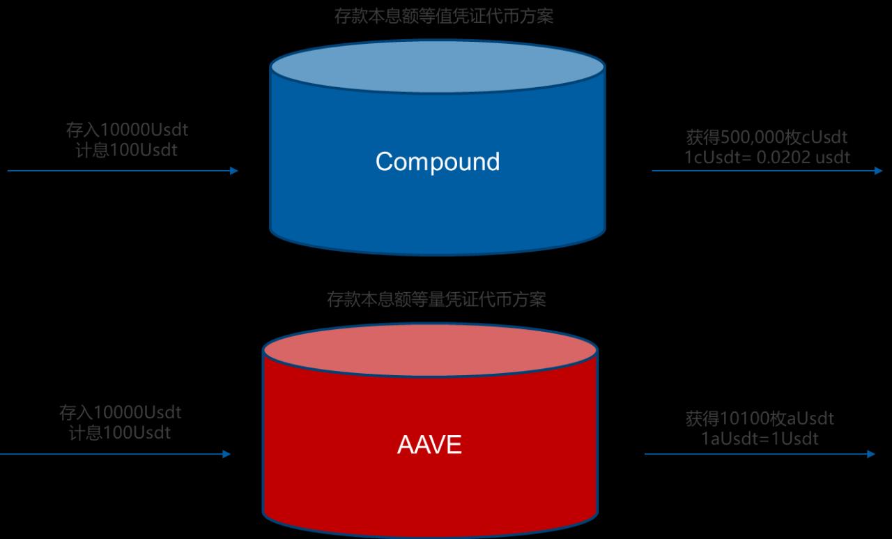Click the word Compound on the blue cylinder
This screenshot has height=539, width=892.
438,162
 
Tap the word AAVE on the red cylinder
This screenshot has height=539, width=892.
429,445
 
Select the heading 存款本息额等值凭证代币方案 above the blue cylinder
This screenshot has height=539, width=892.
444,17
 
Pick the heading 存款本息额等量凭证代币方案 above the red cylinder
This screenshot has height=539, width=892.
436,300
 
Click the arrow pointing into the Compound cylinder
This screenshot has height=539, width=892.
123,171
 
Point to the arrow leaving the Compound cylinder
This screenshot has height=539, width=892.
767,171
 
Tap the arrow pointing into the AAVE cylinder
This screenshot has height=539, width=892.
115,454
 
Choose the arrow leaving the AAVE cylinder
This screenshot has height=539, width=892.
760,454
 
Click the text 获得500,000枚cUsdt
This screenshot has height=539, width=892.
767,137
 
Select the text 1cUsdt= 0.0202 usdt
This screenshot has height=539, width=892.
767,157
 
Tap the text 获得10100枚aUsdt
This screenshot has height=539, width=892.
760,418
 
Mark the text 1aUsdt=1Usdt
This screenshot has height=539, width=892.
760,439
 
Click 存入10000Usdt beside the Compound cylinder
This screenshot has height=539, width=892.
127,130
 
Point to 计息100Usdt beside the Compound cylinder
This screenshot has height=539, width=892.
127,150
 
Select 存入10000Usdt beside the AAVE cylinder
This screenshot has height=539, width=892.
120,413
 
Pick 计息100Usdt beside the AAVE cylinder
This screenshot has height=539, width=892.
120,432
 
